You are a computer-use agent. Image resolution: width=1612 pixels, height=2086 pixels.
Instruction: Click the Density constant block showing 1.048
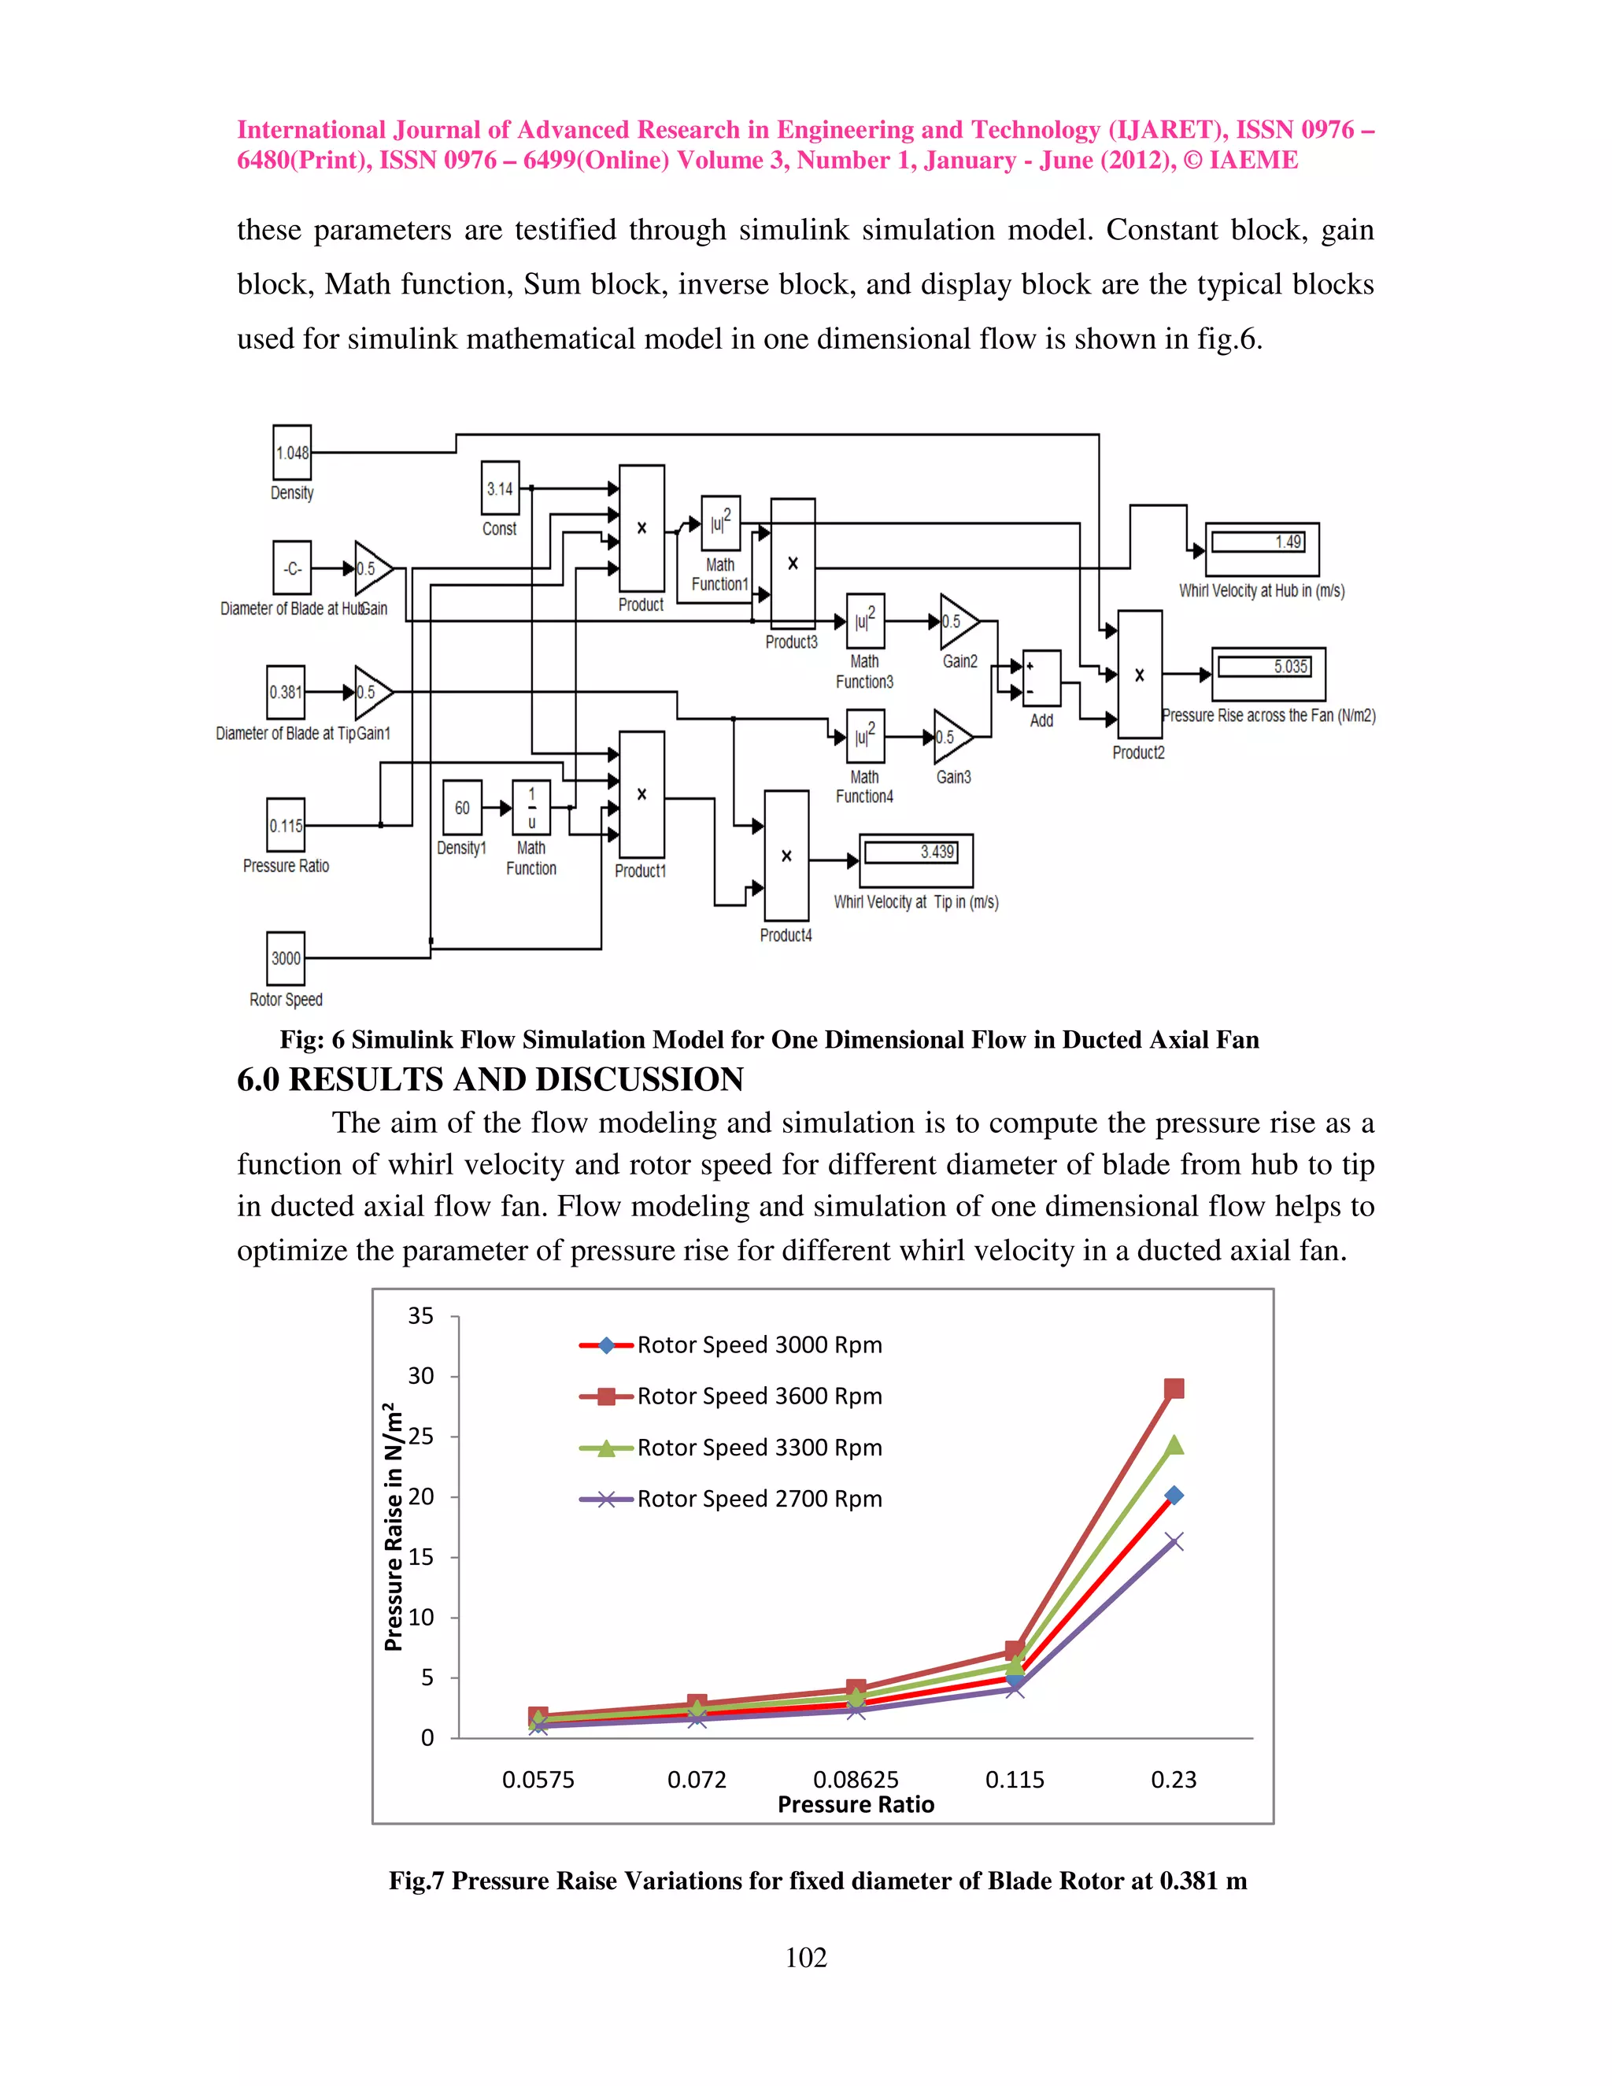(x=292, y=452)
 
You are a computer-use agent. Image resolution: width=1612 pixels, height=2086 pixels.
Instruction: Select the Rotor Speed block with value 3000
(x=286, y=958)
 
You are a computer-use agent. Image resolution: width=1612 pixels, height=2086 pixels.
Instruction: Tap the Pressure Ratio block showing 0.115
(x=286, y=825)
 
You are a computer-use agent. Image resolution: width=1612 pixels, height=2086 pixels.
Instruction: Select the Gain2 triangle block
(x=957, y=621)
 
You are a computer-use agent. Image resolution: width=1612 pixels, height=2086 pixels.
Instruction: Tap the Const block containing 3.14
(x=500, y=488)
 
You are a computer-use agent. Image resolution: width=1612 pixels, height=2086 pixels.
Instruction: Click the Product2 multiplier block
(x=1139, y=675)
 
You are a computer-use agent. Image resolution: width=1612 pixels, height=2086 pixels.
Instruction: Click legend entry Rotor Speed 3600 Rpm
(x=760, y=1396)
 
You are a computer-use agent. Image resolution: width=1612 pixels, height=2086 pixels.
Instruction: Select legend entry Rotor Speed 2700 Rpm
(x=760, y=1499)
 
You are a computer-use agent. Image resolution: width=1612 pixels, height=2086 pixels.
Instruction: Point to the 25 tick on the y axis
(x=421, y=1437)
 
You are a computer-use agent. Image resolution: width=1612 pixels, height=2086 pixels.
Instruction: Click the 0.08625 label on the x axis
(x=856, y=1780)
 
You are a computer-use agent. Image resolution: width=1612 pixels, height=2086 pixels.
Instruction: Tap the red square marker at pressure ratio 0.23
(x=1174, y=1389)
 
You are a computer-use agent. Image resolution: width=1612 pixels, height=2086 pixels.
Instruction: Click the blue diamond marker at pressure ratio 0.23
(x=1174, y=1496)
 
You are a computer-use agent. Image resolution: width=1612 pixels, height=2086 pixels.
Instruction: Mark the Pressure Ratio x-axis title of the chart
(x=856, y=1804)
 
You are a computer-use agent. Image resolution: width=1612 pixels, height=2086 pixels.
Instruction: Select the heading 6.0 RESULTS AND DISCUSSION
(x=490, y=1079)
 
